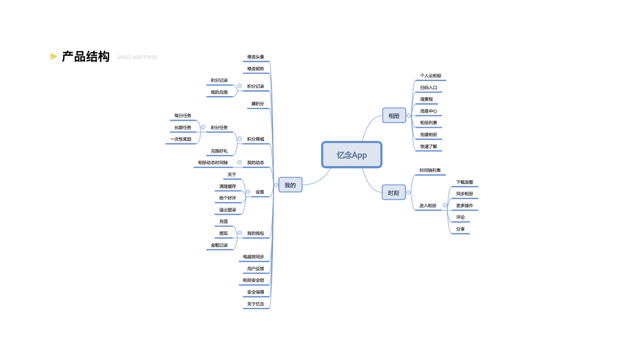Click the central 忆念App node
pyautogui.click(x=351, y=155)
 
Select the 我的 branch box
pyautogui.click(x=290, y=185)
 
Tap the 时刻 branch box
pyautogui.click(x=393, y=193)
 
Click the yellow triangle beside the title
pyautogui.click(x=54, y=56)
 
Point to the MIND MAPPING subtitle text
pyautogui.click(x=137, y=58)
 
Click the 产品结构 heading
pyautogui.click(x=86, y=57)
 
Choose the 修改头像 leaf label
pyautogui.click(x=256, y=57)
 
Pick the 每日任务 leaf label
pyautogui.click(x=183, y=116)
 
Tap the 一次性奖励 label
pyautogui.click(x=181, y=139)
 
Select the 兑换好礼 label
pyautogui.click(x=219, y=151)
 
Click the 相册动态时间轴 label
pyautogui.click(x=213, y=163)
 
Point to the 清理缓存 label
pyautogui.click(x=227, y=187)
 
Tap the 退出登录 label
pyautogui.click(x=227, y=210)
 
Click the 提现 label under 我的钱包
pyautogui.click(x=223, y=233)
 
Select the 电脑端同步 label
pyautogui.click(x=253, y=257)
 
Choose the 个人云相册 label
pyautogui.click(x=431, y=76)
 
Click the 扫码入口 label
pyautogui.click(x=429, y=88)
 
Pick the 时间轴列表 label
pyautogui.click(x=430, y=170)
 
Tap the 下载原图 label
pyautogui.click(x=464, y=182)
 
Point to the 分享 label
pyautogui.click(x=460, y=229)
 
